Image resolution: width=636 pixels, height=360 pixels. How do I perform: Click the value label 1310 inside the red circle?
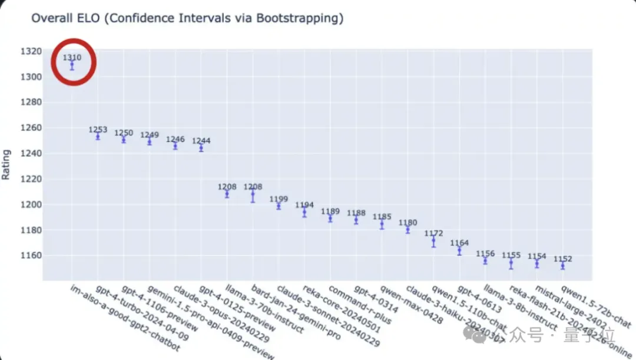[72, 58]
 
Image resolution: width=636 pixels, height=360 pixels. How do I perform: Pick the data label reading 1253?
[98, 130]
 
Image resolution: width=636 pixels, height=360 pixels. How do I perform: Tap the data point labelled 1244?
[201, 148]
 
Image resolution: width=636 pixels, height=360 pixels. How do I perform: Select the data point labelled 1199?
[279, 206]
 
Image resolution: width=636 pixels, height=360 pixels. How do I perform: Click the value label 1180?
[408, 223]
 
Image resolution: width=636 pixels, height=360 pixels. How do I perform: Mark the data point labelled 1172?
[433, 241]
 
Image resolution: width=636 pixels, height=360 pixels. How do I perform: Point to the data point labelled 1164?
[459, 251]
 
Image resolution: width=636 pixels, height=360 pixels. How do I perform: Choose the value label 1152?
[562, 259]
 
